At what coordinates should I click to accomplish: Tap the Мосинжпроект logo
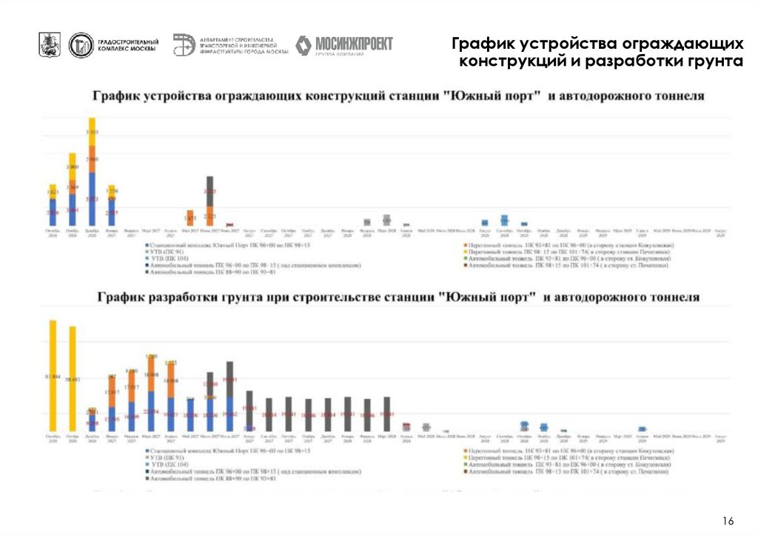344,45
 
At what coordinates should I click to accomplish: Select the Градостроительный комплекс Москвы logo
113,45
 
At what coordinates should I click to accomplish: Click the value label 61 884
53,377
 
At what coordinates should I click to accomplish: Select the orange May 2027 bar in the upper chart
190,218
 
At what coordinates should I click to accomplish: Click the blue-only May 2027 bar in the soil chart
190,414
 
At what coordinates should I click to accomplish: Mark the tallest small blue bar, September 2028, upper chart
504,220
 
